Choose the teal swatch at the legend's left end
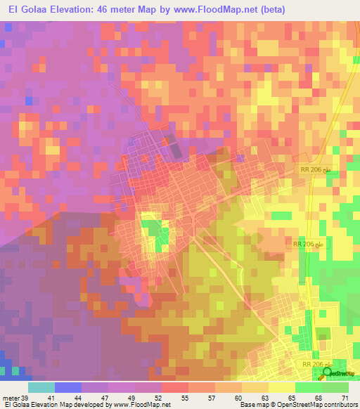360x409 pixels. point(41,387)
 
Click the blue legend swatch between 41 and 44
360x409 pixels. point(67,387)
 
